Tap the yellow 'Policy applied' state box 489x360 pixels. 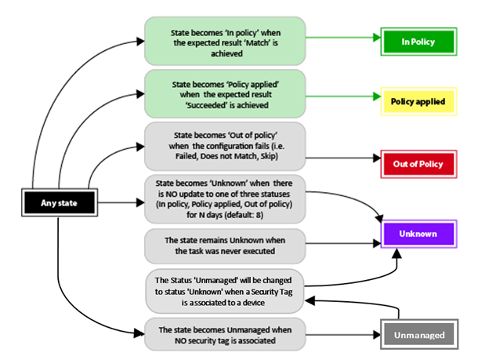[x=418, y=102]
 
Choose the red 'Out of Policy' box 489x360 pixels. [x=418, y=164]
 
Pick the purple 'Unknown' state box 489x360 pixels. [x=418, y=234]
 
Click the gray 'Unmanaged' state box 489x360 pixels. [x=418, y=336]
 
